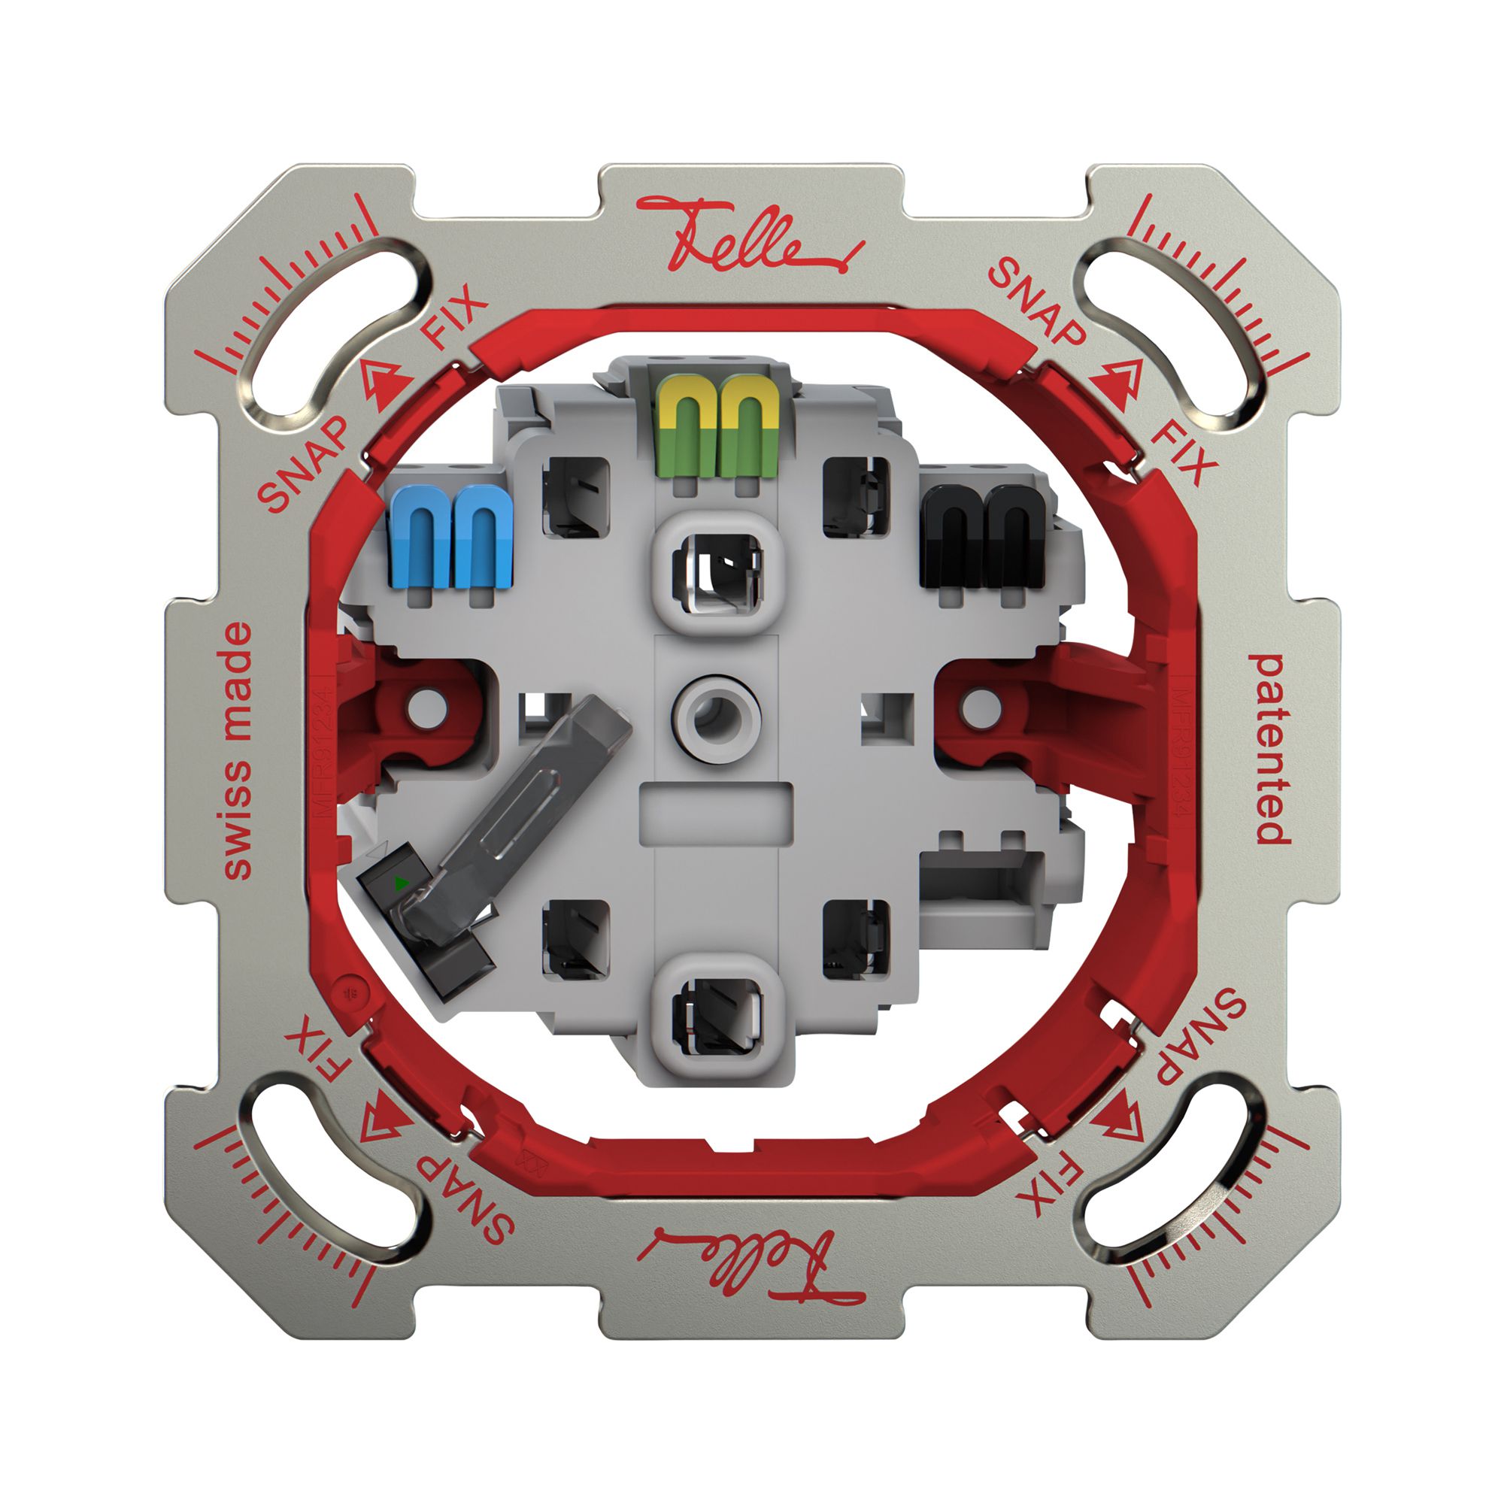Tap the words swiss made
(238, 751)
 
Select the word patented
(1269, 749)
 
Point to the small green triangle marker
(401, 883)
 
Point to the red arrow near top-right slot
(1114, 382)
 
